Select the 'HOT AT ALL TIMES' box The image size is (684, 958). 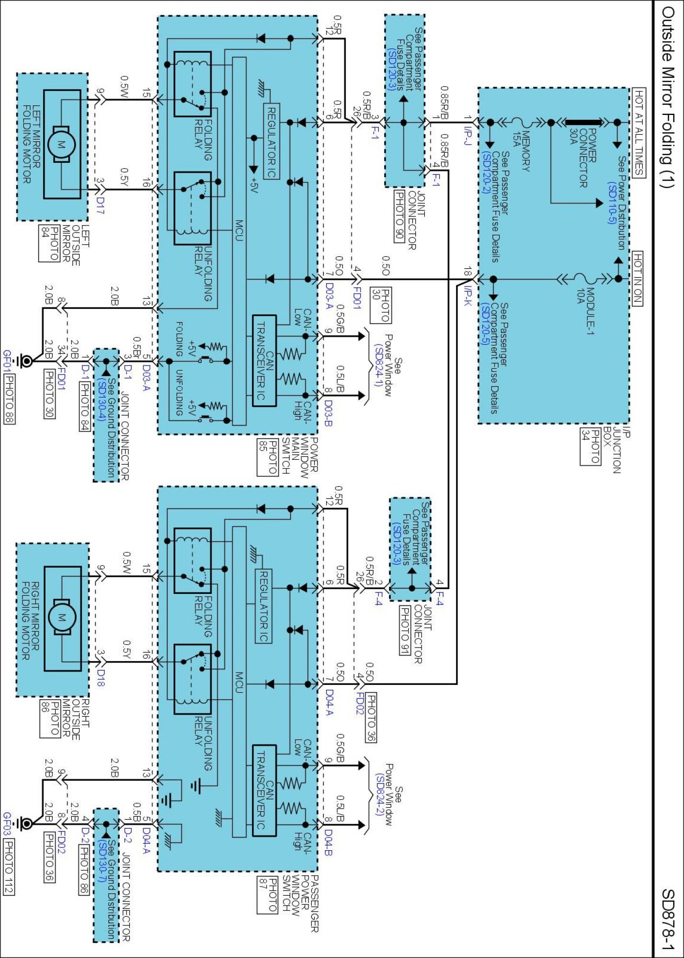tap(638, 133)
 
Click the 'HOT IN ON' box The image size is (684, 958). tap(638, 278)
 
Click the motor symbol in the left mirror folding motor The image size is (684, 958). tap(62, 144)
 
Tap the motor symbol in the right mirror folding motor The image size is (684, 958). tap(62, 618)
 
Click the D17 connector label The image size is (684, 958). tap(100, 205)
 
